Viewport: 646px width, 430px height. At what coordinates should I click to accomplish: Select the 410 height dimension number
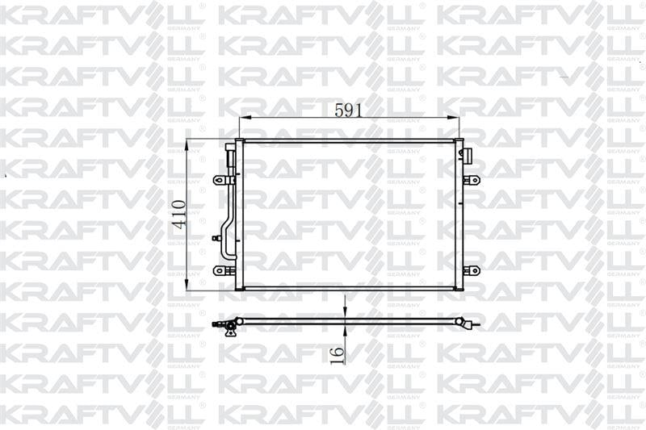[x=179, y=215]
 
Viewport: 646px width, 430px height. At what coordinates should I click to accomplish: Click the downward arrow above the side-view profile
[x=345, y=313]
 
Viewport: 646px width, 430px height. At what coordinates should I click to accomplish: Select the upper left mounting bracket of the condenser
[x=220, y=180]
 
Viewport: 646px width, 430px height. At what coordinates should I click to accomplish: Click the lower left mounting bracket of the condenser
[x=220, y=270]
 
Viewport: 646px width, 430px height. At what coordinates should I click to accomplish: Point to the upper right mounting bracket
[x=472, y=180]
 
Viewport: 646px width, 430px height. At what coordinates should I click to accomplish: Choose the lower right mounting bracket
[x=472, y=270]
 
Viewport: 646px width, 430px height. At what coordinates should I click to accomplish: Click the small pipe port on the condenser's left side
[x=216, y=237]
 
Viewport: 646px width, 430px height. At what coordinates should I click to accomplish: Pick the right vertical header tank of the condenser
[x=459, y=214]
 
